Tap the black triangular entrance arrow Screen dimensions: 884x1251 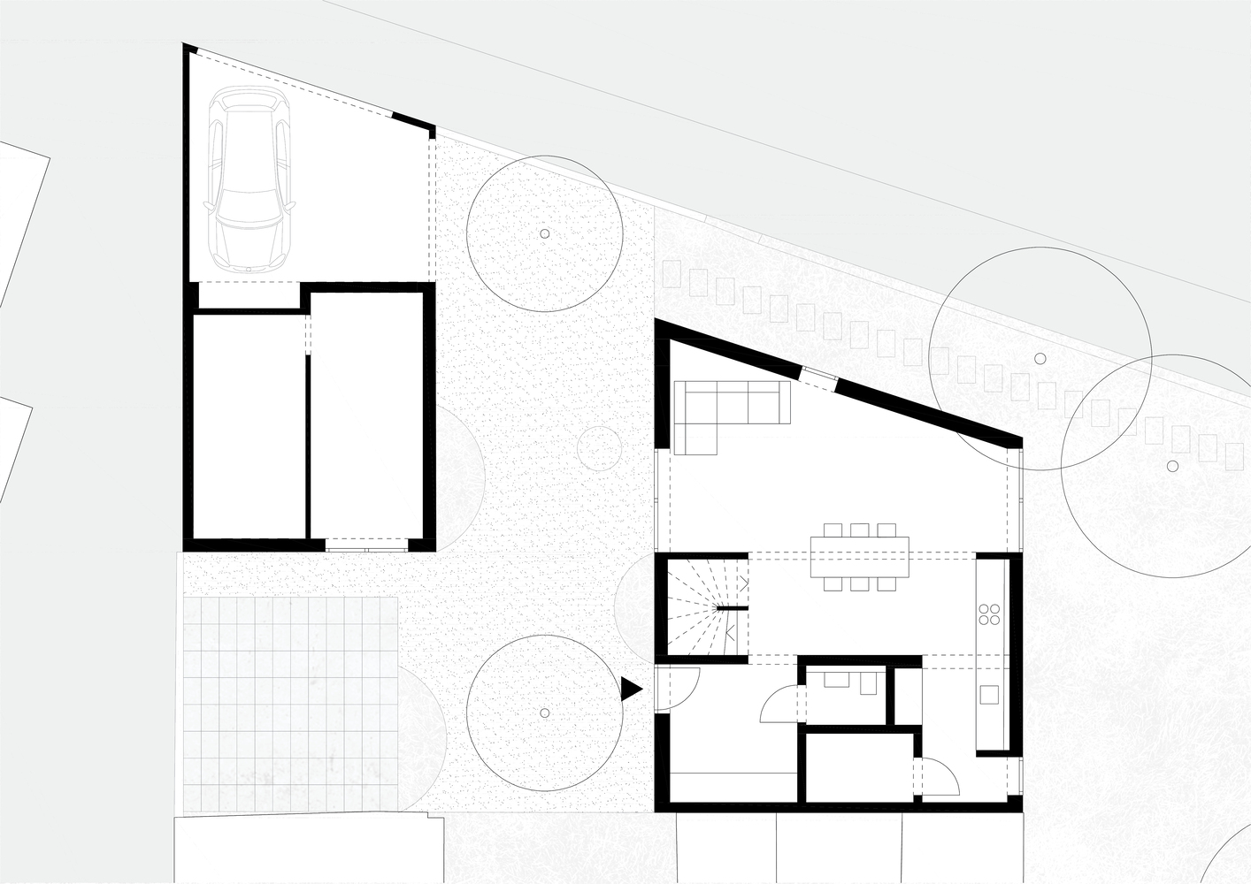click(630, 690)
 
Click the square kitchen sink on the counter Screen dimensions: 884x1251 click(989, 695)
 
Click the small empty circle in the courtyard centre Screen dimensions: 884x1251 click(598, 448)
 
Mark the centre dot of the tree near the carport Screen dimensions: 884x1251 click(544, 234)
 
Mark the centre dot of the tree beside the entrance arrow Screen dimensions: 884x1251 click(544, 713)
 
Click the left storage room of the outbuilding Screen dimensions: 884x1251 click(249, 424)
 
